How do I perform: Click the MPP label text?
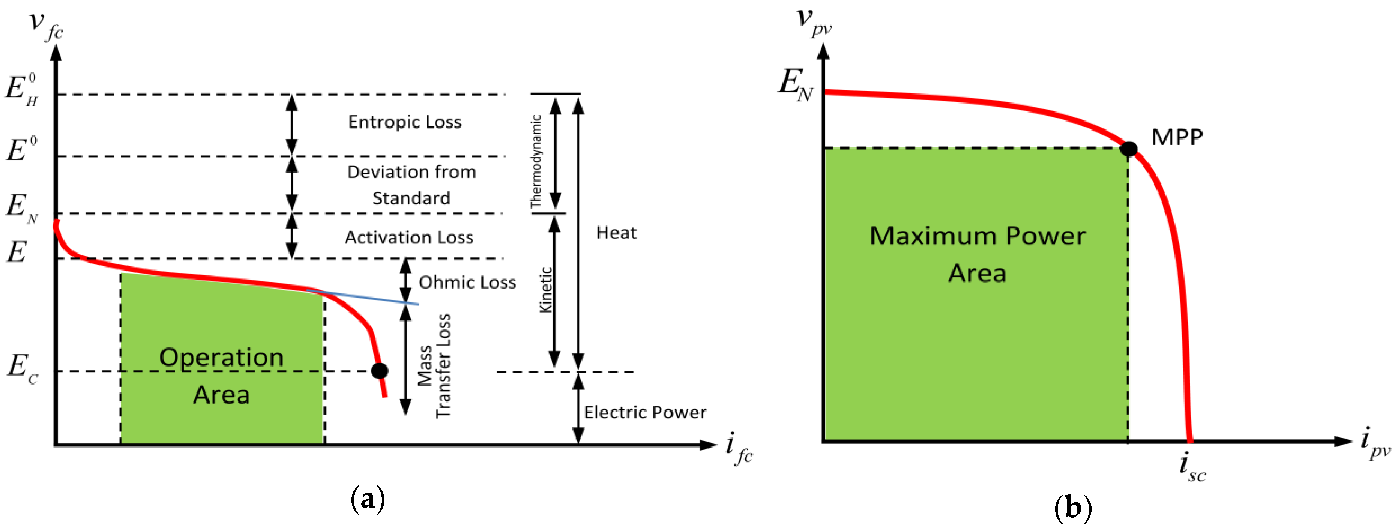(x=1177, y=137)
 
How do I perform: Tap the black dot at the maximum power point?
(x=1129, y=149)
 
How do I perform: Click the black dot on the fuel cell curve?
(x=379, y=371)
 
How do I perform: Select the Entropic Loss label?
(x=405, y=122)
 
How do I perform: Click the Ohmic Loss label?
(x=467, y=282)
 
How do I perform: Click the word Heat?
(x=616, y=233)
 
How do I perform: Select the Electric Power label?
(x=645, y=412)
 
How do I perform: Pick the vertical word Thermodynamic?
(x=536, y=161)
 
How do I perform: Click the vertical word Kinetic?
(x=545, y=290)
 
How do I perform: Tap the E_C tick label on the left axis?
(x=22, y=367)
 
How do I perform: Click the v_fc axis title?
(x=46, y=24)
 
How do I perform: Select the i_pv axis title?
(x=1375, y=442)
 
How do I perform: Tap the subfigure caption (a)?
(x=368, y=498)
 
